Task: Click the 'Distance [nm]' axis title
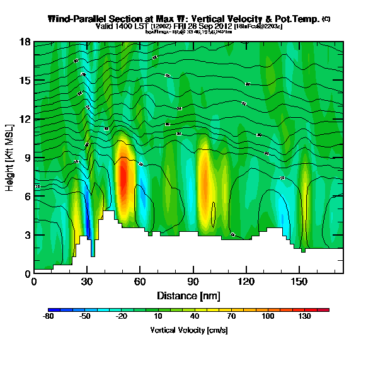(188, 295)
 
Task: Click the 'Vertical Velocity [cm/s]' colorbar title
(188, 330)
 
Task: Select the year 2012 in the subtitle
(222, 27)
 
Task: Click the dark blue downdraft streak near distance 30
(88, 224)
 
